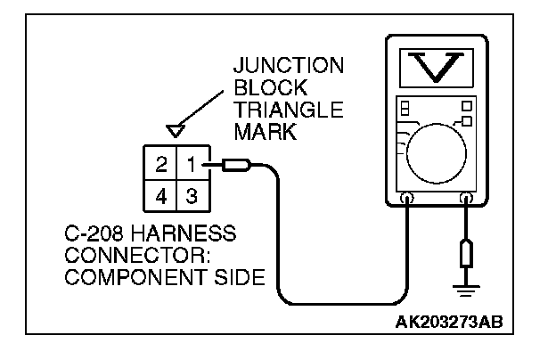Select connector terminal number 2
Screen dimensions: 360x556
pyautogui.click(x=161, y=166)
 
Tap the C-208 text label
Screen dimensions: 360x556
pyautogui.click(x=93, y=236)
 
